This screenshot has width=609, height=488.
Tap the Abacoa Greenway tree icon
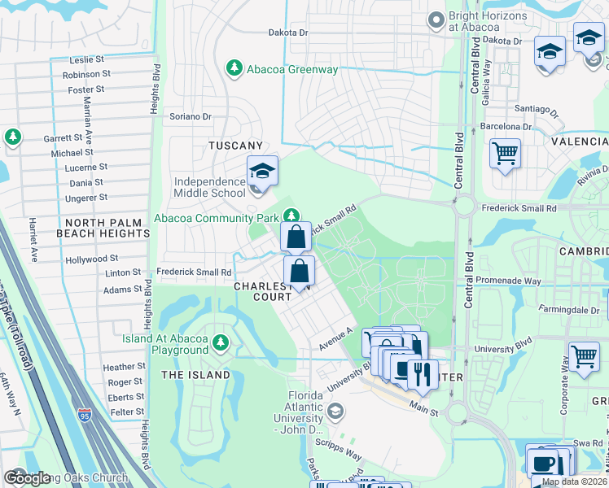tap(234, 68)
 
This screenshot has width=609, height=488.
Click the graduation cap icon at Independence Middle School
tap(263, 170)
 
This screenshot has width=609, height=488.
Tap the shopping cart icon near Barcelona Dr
tap(505, 152)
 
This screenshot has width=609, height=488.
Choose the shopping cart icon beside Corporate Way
tap(584, 357)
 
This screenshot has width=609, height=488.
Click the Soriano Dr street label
tap(190, 116)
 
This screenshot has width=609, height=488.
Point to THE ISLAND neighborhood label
tap(195, 375)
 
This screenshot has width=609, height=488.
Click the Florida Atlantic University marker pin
tap(335, 412)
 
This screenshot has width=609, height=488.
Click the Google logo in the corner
tap(27, 477)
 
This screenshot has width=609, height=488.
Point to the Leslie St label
tap(87, 59)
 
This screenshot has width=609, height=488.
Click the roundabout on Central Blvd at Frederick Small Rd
tap(463, 207)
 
